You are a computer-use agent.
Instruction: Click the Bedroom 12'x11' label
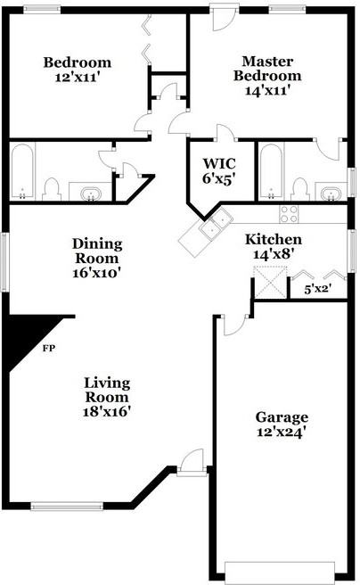point(78,69)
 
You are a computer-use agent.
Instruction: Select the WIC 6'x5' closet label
point(219,170)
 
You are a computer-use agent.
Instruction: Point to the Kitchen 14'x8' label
point(274,246)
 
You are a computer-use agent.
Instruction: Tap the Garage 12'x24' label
point(282,424)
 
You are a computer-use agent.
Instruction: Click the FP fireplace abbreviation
point(50,348)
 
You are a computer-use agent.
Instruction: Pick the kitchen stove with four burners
point(290,213)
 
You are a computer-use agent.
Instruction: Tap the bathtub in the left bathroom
point(23,173)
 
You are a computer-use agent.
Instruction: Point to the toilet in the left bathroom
point(52,188)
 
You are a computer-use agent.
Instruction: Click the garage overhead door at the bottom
point(280,570)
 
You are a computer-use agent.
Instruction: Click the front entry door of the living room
point(190,463)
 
